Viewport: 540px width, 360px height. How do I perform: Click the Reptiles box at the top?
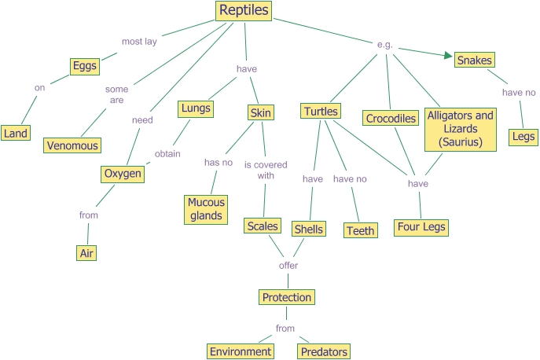click(x=244, y=10)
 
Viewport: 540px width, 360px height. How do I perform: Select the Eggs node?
click(x=83, y=66)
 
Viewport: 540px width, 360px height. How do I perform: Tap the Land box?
click(x=15, y=133)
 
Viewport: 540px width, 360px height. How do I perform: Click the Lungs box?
click(x=195, y=108)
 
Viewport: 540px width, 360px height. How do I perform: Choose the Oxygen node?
click(x=123, y=174)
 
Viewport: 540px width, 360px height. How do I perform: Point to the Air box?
click(x=86, y=252)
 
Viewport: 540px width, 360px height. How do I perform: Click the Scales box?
click(x=263, y=226)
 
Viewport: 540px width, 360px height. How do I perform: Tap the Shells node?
click(x=308, y=230)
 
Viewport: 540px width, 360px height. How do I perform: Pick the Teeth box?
click(x=360, y=230)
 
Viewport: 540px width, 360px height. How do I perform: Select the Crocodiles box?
click(x=391, y=119)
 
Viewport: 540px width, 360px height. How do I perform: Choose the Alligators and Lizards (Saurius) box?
click(x=461, y=129)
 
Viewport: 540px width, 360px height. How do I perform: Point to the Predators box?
click(x=324, y=351)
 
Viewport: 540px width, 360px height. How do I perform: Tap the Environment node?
click(x=241, y=351)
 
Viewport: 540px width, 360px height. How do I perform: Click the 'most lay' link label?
click(x=139, y=42)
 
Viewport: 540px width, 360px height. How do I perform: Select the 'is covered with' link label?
click(x=266, y=171)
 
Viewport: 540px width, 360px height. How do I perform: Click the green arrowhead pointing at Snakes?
click(x=449, y=56)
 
